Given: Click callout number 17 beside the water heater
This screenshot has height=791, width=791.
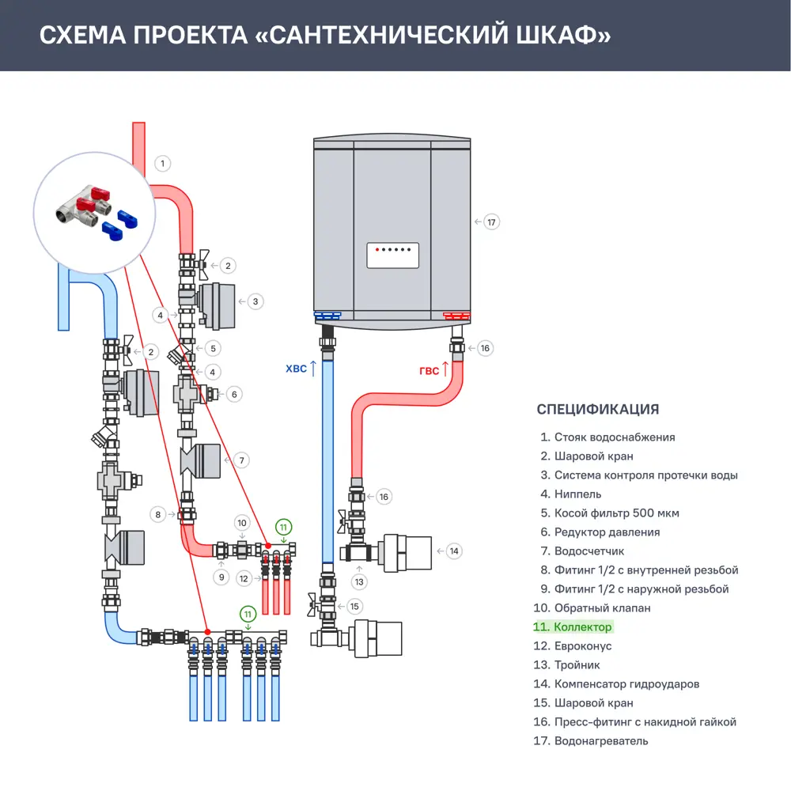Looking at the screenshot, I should [x=491, y=222].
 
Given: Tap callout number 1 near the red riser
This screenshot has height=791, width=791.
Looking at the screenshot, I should [x=161, y=164].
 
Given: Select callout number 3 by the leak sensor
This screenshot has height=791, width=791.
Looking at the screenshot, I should [x=255, y=301].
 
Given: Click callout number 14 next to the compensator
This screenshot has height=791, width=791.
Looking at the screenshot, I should [x=453, y=551].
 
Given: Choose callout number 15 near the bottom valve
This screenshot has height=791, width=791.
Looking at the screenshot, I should [x=354, y=607].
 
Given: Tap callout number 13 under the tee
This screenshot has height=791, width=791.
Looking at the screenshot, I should [x=360, y=582].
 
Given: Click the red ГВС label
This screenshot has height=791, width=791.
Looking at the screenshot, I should [x=429, y=371].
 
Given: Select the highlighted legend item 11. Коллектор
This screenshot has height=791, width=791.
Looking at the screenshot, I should [x=572, y=627].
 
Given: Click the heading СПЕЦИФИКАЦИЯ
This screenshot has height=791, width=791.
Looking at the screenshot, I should [x=597, y=409].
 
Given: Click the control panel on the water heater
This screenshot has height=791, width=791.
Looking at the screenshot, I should [x=392, y=255].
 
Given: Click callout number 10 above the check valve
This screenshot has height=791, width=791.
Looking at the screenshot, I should [x=243, y=523].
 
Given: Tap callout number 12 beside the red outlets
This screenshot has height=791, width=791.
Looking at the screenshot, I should [x=244, y=579].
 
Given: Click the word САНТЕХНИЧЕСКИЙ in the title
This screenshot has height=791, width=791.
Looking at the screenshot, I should [x=373, y=36].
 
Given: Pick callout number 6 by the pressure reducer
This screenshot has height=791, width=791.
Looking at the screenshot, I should [x=234, y=394].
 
